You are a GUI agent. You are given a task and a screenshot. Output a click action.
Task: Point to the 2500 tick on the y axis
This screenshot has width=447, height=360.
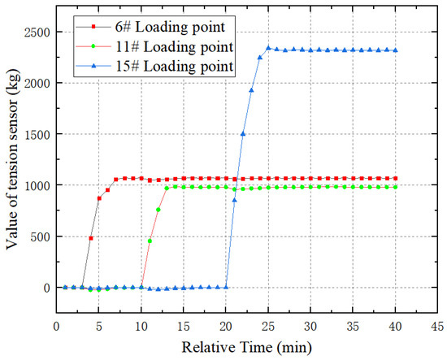(37, 33)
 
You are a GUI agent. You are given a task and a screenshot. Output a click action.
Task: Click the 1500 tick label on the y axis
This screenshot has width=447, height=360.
(37, 134)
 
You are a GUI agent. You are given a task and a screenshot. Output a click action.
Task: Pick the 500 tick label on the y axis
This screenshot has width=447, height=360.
(40, 236)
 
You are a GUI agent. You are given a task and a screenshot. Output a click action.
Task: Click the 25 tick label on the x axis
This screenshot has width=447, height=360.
(268, 326)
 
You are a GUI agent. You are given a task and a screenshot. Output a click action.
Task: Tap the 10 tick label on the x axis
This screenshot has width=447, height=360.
(141, 326)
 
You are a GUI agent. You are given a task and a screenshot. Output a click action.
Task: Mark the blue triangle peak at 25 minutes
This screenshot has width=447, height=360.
(268, 48)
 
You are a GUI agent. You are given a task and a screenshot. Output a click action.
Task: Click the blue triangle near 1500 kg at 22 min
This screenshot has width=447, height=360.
(243, 134)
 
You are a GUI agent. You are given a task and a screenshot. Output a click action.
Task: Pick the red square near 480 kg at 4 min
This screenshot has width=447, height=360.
(91, 238)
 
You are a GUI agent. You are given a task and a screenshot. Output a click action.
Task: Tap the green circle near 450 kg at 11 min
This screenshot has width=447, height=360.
(150, 241)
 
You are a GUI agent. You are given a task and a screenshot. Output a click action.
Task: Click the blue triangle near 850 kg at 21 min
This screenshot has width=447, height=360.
(235, 200)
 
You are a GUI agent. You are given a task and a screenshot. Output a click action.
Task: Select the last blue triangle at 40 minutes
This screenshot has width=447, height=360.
(395, 50)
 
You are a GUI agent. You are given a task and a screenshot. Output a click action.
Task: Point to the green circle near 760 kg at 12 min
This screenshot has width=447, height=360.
(158, 210)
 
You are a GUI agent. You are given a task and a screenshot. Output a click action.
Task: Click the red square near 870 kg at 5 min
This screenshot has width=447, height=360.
(99, 198)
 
